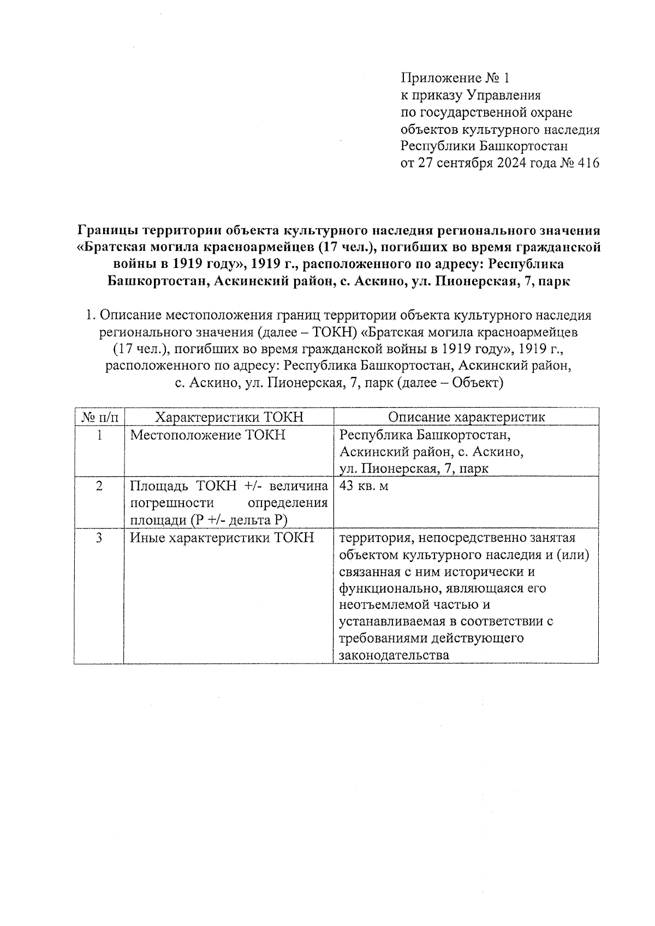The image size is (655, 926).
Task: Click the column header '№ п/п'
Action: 99,417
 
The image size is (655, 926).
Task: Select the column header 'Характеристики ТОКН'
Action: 229,417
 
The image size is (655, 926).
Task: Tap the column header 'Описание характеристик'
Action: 466,417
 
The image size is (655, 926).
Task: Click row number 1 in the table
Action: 99,435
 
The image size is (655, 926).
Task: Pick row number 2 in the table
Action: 99,486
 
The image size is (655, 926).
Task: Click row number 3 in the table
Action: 99,538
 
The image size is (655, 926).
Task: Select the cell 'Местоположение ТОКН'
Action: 208,435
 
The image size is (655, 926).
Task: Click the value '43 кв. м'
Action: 364,486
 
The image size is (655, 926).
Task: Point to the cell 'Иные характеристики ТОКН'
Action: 222,538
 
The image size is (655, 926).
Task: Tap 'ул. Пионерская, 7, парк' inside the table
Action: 414,469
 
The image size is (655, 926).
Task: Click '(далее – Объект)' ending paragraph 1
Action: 450,384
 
